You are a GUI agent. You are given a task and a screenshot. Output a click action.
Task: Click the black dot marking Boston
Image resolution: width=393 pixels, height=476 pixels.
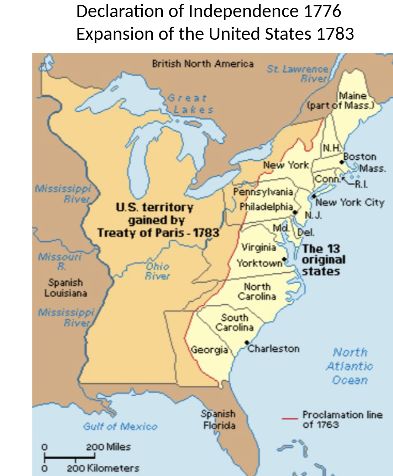point(342,162)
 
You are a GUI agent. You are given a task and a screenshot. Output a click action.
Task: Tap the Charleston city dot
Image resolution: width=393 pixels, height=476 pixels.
point(247,342)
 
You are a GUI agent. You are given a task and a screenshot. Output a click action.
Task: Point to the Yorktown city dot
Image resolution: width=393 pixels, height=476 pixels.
point(284,259)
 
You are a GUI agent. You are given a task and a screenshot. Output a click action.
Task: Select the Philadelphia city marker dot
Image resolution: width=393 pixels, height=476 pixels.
point(295,213)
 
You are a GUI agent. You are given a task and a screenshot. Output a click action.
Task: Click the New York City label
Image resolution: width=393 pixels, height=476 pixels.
point(350,203)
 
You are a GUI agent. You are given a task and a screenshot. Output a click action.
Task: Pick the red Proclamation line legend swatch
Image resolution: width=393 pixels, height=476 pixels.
point(290,419)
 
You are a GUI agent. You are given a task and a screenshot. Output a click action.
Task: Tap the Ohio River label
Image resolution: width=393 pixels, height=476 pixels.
point(158,271)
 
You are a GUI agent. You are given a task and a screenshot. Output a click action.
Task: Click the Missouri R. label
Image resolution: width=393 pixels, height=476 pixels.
point(60,261)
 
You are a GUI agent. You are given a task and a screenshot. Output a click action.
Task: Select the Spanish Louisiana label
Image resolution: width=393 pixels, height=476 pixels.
point(66,288)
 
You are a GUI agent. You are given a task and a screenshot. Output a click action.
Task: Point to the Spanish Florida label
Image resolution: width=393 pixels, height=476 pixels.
point(219,419)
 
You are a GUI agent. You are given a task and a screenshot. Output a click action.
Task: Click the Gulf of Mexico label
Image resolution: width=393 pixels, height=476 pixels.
point(120,426)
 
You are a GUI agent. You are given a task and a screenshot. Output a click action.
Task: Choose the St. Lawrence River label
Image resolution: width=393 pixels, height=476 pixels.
point(298,74)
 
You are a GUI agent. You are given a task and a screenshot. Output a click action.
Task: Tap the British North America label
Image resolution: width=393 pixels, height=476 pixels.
point(203,64)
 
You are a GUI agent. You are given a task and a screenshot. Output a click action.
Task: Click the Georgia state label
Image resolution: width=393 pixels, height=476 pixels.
point(209,350)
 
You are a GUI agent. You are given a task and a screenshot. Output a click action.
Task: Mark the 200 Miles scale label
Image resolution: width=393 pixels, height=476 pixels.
point(108,447)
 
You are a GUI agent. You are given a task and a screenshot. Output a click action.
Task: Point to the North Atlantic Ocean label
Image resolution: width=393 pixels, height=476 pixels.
point(350,366)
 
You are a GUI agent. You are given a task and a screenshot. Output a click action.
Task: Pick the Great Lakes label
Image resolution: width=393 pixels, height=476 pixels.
point(190,104)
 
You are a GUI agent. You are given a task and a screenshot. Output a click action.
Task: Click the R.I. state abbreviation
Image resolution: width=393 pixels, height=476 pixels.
point(361,184)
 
